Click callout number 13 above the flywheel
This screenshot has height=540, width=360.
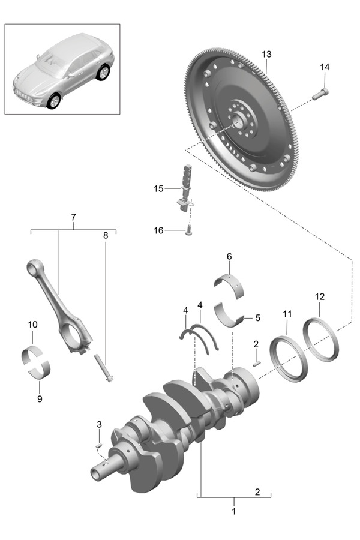point(266,54)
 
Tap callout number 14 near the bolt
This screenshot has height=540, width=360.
point(325,67)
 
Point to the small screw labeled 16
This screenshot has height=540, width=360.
point(188,230)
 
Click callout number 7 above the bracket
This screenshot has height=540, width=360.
point(73,217)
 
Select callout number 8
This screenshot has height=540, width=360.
point(106,236)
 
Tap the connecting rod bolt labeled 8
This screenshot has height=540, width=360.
point(103,368)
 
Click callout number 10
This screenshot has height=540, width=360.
point(32,325)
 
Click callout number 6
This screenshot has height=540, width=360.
point(229,257)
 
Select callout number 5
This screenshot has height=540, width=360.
point(257,317)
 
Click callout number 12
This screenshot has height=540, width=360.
point(320,296)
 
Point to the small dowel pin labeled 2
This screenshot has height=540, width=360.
point(256,362)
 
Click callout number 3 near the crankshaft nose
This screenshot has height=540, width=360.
point(100,425)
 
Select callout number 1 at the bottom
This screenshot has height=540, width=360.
point(234,512)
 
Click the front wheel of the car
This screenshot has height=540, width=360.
point(54,101)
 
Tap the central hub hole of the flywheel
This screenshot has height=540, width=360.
point(239,122)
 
